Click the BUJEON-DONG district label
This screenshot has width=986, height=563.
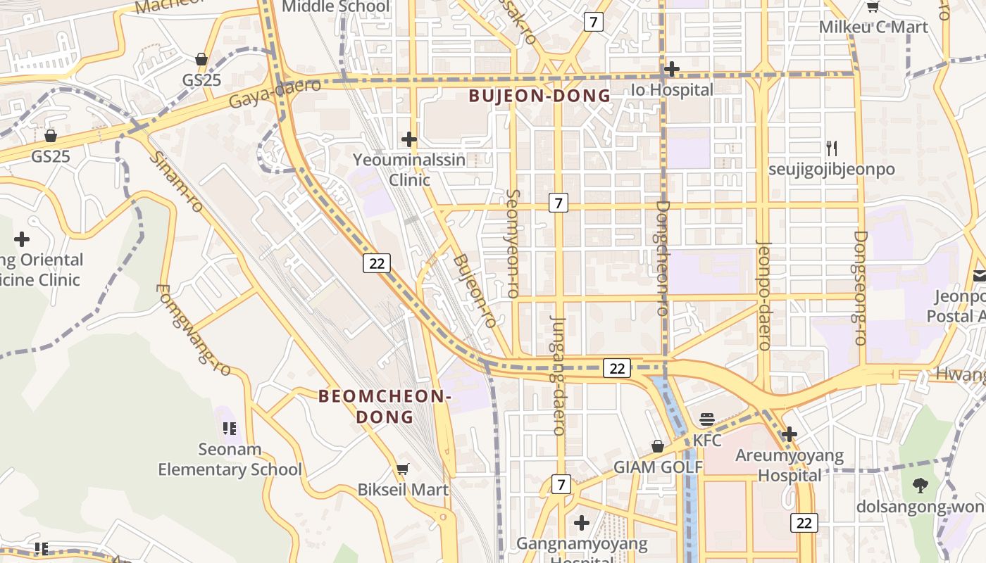tap(539, 96)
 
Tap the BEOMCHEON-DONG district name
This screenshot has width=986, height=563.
tap(385, 406)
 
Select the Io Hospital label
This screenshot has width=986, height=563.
tap(671, 90)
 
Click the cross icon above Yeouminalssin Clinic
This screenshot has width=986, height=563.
tap(408, 139)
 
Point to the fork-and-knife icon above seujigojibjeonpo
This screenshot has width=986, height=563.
tap(832, 148)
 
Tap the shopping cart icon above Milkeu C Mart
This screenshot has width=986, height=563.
tap(873, 7)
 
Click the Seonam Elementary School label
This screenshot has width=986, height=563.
tap(230, 459)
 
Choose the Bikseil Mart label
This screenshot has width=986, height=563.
tap(403, 489)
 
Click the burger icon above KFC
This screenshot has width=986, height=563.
tap(707, 420)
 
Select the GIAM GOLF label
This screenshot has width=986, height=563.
tap(658, 467)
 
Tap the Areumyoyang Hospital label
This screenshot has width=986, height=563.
tap(789, 465)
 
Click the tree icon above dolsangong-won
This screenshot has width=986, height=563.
tap(920, 485)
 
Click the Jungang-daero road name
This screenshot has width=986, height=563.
tap(558, 374)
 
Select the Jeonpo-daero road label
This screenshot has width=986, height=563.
tap(764, 296)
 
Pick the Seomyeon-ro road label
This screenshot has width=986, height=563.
tap(513, 243)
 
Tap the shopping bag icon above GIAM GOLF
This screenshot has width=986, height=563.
tap(657, 446)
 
